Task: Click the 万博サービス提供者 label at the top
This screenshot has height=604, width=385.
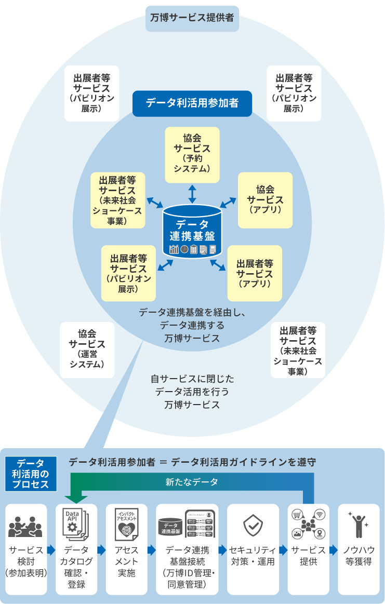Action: (x=192, y=17)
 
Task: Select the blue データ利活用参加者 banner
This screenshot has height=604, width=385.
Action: (x=192, y=103)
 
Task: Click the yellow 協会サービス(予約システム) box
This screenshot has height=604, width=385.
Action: (x=192, y=155)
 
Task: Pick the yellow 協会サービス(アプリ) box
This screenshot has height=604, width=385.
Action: (x=265, y=200)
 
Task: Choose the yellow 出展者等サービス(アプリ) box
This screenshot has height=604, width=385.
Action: (x=255, y=273)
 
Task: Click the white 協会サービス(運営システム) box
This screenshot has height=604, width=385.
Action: (x=87, y=350)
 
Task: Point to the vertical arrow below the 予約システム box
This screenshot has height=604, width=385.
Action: (x=192, y=194)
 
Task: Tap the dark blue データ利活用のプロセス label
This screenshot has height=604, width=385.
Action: (x=30, y=474)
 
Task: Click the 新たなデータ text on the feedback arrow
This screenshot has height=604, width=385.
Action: (x=192, y=482)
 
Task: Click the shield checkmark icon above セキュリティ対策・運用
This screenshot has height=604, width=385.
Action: (x=253, y=526)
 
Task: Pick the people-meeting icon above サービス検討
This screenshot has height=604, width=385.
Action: (x=25, y=527)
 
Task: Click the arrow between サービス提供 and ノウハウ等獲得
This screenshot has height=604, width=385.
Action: (x=334, y=550)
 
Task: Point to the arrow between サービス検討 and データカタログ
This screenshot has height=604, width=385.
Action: (x=51, y=550)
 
